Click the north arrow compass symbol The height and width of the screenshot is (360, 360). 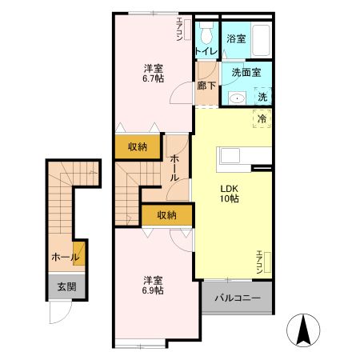pos(303,330)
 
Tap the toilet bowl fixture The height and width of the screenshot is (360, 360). pos(206,33)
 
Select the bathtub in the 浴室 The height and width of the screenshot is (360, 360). pos(261,40)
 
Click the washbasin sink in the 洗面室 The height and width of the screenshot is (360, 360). pos(237,98)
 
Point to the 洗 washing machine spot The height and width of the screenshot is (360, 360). pos(262,96)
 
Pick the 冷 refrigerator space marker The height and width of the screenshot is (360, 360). pos(262,118)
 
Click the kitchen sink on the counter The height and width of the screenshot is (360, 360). pos(230,155)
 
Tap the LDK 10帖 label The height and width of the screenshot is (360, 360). pos(230,194)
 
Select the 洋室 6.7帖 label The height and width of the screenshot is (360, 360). pos(154,74)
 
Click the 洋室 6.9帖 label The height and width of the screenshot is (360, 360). pos(153,286)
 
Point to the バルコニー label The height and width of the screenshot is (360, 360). pos(238,298)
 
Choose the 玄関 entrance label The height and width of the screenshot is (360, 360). pos(66,287)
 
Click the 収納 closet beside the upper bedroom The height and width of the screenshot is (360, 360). pos(138,146)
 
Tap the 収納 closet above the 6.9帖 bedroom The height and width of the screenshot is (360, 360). pos(166,215)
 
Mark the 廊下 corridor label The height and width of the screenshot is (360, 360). pos(206,86)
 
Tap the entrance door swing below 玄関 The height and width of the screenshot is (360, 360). pos(61,312)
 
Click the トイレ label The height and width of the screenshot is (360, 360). pos(206,51)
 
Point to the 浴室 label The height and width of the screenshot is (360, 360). pos(236,39)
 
